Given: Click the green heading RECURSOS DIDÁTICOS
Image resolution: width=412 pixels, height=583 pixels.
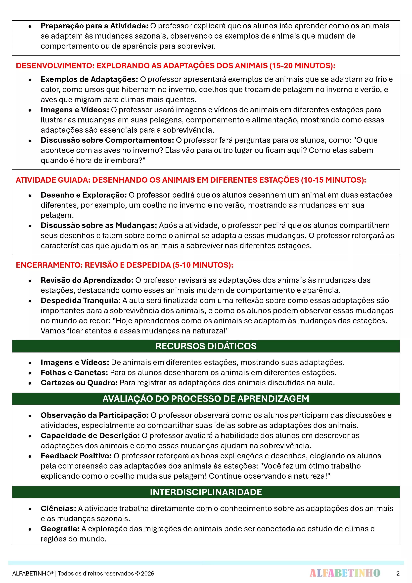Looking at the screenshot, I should click(206, 346).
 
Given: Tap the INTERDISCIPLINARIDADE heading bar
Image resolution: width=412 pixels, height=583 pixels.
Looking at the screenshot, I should click(206, 492).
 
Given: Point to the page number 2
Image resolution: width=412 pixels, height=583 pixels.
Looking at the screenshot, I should click(398, 573).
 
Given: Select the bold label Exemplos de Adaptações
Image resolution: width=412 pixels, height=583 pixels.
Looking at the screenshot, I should click(89, 79).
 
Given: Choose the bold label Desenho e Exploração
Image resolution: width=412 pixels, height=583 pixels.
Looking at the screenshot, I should click(84, 195).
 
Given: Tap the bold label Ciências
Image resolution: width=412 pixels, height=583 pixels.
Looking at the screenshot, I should click(59, 508).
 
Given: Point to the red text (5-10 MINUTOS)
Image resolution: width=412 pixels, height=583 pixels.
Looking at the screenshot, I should click(203, 265).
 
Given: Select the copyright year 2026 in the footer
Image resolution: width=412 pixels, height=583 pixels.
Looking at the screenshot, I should click(148, 574).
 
